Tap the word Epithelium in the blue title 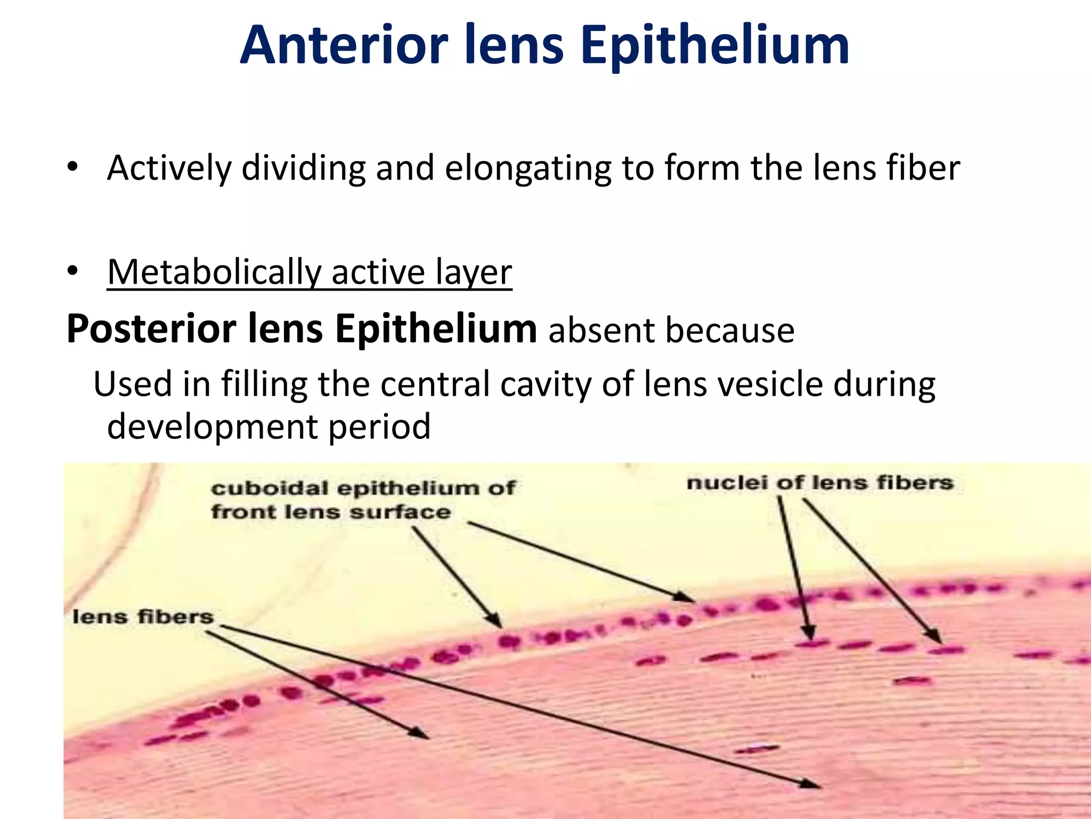[715, 47]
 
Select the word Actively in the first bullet [169, 168]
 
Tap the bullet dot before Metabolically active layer [72, 271]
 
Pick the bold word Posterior [151, 329]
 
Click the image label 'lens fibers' [143, 617]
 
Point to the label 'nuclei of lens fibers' [819, 483]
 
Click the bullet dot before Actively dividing [72, 167]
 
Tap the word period [379, 427]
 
